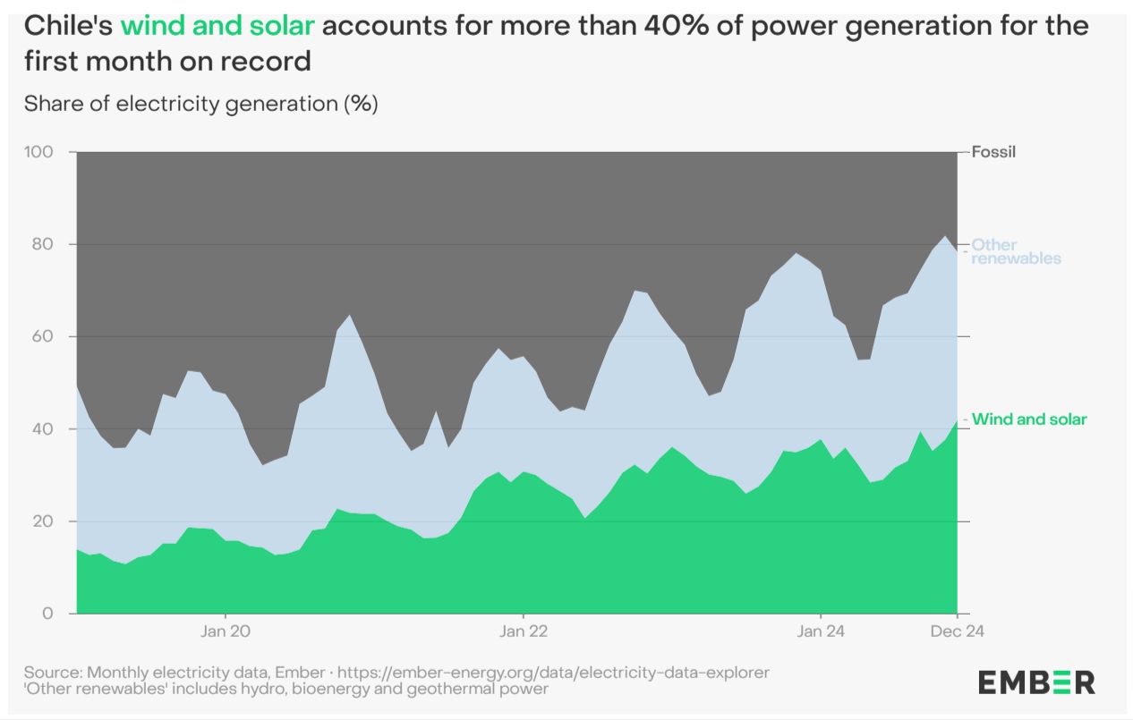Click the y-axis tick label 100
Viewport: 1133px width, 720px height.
coord(39,152)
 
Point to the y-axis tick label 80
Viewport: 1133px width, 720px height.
coord(43,244)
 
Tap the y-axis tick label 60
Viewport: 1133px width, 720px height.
coord(43,336)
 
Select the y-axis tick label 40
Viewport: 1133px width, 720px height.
coord(43,429)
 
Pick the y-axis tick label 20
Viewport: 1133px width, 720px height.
coord(43,521)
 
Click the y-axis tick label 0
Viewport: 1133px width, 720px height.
coord(49,614)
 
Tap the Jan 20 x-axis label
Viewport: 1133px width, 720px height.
coord(226,631)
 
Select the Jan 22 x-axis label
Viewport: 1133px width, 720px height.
coord(523,631)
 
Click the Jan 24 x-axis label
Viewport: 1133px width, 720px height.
coord(821,631)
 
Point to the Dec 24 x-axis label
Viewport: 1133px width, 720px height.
coord(958,631)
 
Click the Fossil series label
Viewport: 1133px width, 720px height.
coord(994,152)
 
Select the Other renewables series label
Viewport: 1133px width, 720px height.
coord(1016,251)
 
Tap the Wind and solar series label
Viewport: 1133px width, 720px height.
coord(1029,419)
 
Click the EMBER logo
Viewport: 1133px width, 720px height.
coord(1036,682)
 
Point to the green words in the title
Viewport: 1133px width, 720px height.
coord(217,25)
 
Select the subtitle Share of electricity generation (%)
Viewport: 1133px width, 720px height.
coord(201,104)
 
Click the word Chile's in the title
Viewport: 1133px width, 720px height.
coord(68,25)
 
